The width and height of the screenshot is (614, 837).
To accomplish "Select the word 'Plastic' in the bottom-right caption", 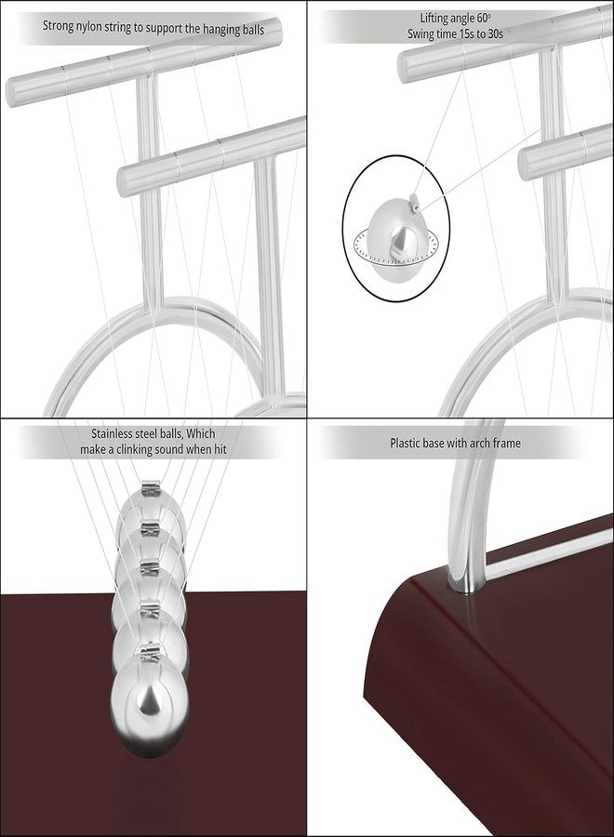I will (x=408, y=444).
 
